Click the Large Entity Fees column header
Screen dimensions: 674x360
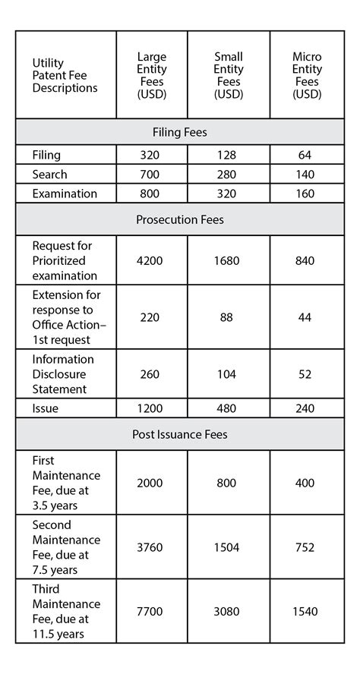pos(151,76)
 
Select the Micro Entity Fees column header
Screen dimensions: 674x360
pos(307,76)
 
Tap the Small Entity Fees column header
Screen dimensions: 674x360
pos(228,76)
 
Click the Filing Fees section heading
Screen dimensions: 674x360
pos(179,132)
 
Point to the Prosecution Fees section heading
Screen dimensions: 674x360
pos(179,220)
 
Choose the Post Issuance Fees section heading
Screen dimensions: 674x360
pos(179,435)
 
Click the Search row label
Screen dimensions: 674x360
pos(49,175)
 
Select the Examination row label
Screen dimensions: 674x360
pos(65,194)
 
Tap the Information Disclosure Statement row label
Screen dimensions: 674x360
pos(63,374)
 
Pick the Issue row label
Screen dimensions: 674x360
pos(46,408)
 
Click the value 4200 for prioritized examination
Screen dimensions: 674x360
pos(150,261)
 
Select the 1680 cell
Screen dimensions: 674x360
pos(226,261)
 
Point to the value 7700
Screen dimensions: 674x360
pos(150,611)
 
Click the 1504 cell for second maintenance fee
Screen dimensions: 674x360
pos(226,547)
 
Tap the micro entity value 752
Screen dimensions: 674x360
pos(305,547)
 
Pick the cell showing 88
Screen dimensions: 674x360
pos(226,317)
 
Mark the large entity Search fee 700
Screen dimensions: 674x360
pos(150,175)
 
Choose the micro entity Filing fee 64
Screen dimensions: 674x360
pos(305,155)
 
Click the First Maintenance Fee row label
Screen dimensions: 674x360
pos(66,483)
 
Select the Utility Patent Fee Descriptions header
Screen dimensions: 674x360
pos(65,76)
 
